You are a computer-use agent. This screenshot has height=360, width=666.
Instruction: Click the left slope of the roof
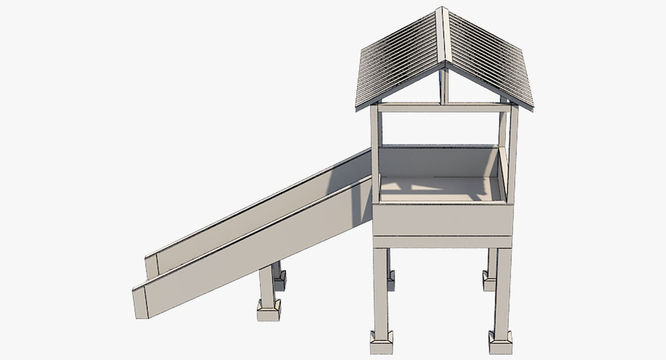(399, 62)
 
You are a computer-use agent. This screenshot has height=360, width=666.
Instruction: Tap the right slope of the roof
(489, 59)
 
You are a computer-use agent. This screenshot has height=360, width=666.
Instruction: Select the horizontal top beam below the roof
(444, 108)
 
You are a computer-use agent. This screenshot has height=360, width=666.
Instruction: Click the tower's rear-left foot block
(391, 281)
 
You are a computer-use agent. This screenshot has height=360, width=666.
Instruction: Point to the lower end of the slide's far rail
(152, 267)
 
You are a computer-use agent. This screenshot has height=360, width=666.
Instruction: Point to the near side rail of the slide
(257, 250)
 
